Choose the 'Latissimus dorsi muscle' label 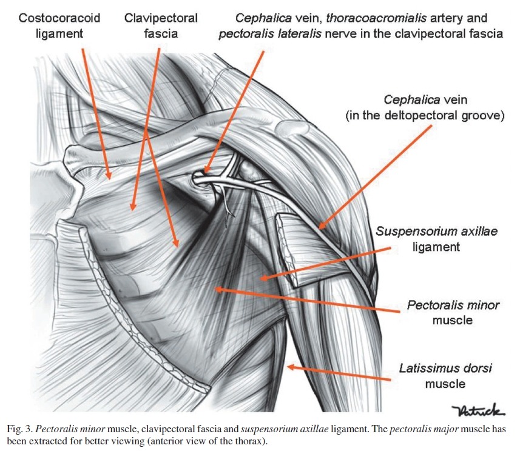click(445, 375)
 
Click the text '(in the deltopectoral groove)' click(425, 115)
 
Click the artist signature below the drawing click(478, 412)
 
